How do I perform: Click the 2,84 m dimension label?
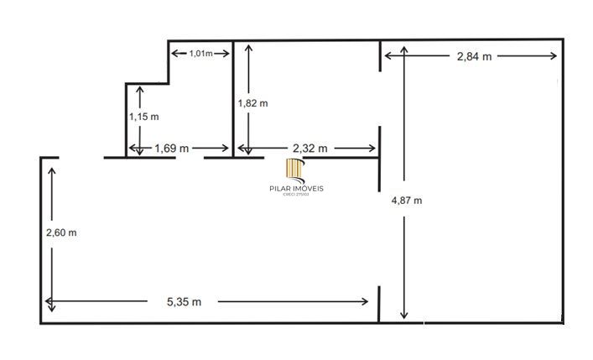[474, 56]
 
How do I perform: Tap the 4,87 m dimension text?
[407, 201]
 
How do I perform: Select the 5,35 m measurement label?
[185, 301]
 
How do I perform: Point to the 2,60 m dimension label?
[61, 232]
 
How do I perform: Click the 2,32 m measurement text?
[309, 148]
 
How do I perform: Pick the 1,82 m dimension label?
[252, 103]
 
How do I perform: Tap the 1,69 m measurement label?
[172, 148]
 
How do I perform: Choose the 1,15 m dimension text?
[143, 117]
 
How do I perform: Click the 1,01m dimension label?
[200, 54]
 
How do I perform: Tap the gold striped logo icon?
[294, 170]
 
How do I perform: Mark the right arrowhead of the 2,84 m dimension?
[554, 56]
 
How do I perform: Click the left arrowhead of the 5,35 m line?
[49, 301]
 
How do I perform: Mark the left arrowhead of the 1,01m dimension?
[174, 54]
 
